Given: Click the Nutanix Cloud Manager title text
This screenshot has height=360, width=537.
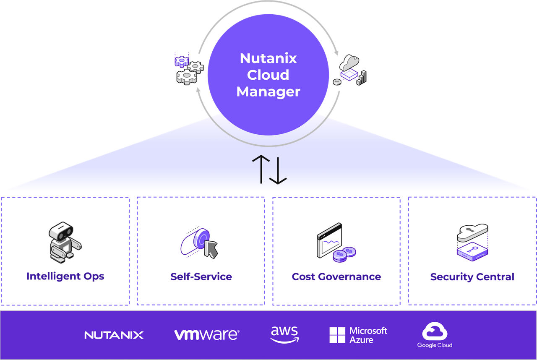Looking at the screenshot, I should pyautogui.click(x=268, y=75).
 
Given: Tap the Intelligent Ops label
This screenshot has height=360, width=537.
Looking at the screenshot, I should pyautogui.click(x=65, y=276).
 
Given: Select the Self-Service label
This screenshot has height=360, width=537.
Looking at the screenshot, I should pyautogui.click(x=201, y=277).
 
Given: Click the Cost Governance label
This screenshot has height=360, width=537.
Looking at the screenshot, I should pyautogui.click(x=336, y=277).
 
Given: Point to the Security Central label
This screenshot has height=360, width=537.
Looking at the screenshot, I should pyautogui.click(x=472, y=277).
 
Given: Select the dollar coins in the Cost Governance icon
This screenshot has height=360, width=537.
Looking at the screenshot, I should pyautogui.click(x=344, y=254).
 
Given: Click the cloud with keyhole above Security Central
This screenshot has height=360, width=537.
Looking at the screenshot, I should pyautogui.click(x=472, y=232).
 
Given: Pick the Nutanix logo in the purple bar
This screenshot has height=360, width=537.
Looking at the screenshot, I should pyautogui.click(x=114, y=335).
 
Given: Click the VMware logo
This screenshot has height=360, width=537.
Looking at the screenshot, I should pyautogui.click(x=206, y=334).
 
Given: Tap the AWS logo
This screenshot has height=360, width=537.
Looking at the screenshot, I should pyautogui.click(x=284, y=334).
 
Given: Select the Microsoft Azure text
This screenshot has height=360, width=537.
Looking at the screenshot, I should pyautogui.click(x=368, y=335).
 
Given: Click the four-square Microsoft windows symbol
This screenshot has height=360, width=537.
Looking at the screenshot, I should pyautogui.click(x=337, y=335).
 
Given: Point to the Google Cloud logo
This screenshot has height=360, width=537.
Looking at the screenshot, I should pyautogui.click(x=435, y=335).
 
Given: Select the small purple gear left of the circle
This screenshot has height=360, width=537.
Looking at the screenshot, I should pyautogui.click(x=182, y=61).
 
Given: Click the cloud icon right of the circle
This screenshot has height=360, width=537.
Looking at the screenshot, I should pyautogui.click(x=349, y=63).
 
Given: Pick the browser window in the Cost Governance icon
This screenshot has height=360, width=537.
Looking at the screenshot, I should pyautogui.click(x=328, y=240).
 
